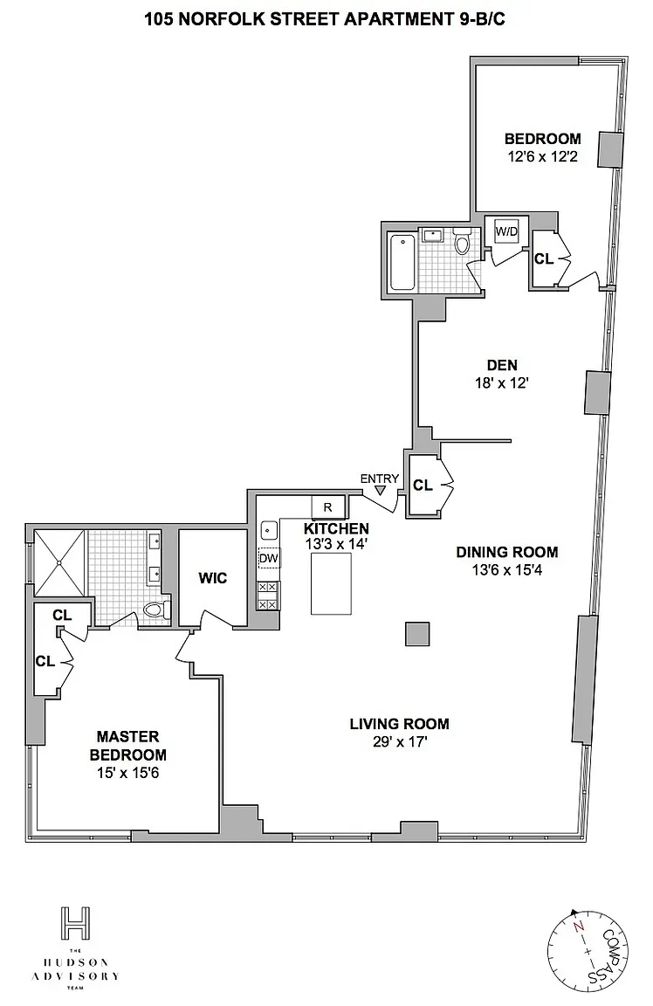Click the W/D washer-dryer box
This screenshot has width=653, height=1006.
[506, 231]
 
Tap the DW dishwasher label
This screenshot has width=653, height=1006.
[269, 558]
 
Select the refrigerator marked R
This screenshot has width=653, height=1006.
[327, 506]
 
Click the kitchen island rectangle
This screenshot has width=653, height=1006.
[332, 584]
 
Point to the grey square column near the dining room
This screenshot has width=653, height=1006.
[417, 634]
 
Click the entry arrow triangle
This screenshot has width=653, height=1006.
[381, 491]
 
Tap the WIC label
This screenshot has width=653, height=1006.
[213, 578]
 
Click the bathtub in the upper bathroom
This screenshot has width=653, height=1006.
[402, 262]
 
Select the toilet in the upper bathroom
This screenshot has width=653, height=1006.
[462, 242]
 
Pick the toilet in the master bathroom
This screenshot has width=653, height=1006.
[155, 609]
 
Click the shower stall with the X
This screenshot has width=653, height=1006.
[59, 562]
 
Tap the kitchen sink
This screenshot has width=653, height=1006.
[269, 531]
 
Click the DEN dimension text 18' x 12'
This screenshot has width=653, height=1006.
[502, 383]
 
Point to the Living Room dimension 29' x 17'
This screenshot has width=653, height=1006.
[399, 742]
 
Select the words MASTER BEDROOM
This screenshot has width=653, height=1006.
[128, 746]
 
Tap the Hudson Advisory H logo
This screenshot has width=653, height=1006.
[75, 923]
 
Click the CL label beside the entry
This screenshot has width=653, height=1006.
[423, 486]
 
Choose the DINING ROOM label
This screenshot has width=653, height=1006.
[506, 552]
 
